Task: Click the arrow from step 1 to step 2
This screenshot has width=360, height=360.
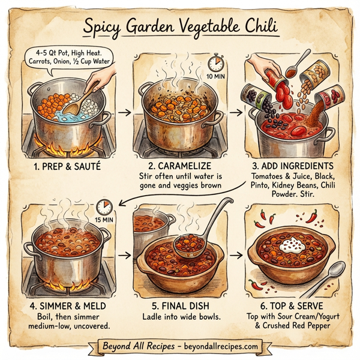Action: [124, 112]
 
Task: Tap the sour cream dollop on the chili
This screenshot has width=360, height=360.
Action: [293, 243]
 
